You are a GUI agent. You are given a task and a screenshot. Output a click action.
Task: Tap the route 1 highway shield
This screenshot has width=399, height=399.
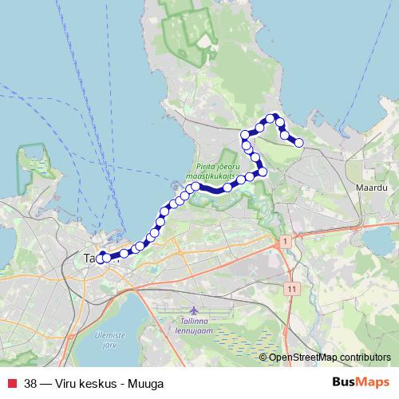point(283,240)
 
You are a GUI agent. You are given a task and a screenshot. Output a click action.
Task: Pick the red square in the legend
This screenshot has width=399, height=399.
point(11,383)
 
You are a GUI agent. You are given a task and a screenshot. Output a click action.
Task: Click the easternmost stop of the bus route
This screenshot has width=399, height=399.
point(299,143)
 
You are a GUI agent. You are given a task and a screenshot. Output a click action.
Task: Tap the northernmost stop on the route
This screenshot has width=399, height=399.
point(271,117)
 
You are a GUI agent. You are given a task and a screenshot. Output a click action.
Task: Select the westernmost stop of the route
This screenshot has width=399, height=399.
point(101,257)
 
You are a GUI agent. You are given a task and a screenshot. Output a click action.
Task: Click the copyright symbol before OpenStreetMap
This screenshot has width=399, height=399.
point(263,358)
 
